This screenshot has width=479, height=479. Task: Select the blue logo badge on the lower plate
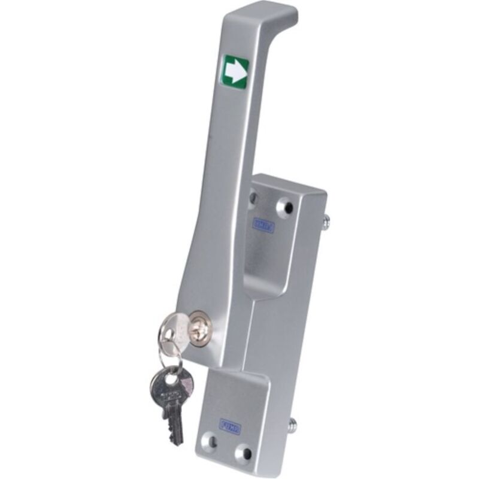click(230, 426)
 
